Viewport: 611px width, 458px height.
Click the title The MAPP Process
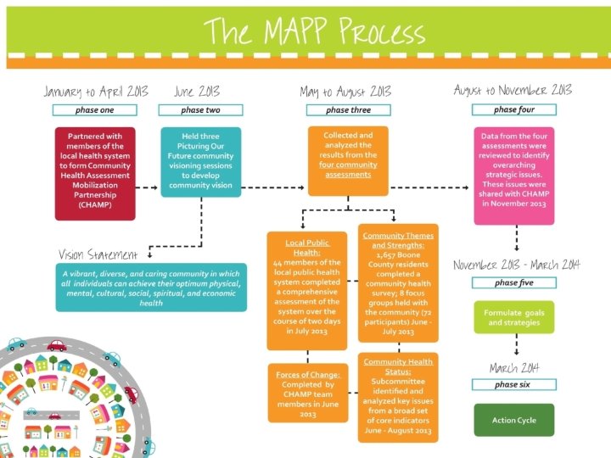coord(314,31)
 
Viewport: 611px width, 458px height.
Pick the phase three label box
coord(348,109)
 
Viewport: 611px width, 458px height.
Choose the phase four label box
coord(515,109)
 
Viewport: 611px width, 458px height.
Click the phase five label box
coord(514,282)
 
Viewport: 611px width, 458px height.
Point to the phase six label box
coord(514,384)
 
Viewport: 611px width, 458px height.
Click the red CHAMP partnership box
coord(94,174)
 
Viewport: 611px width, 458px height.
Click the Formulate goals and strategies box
coord(514,317)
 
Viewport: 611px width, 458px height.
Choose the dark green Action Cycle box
coord(514,420)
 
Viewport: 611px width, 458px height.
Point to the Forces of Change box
coord(307,392)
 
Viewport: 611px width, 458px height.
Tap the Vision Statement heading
coord(98,254)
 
